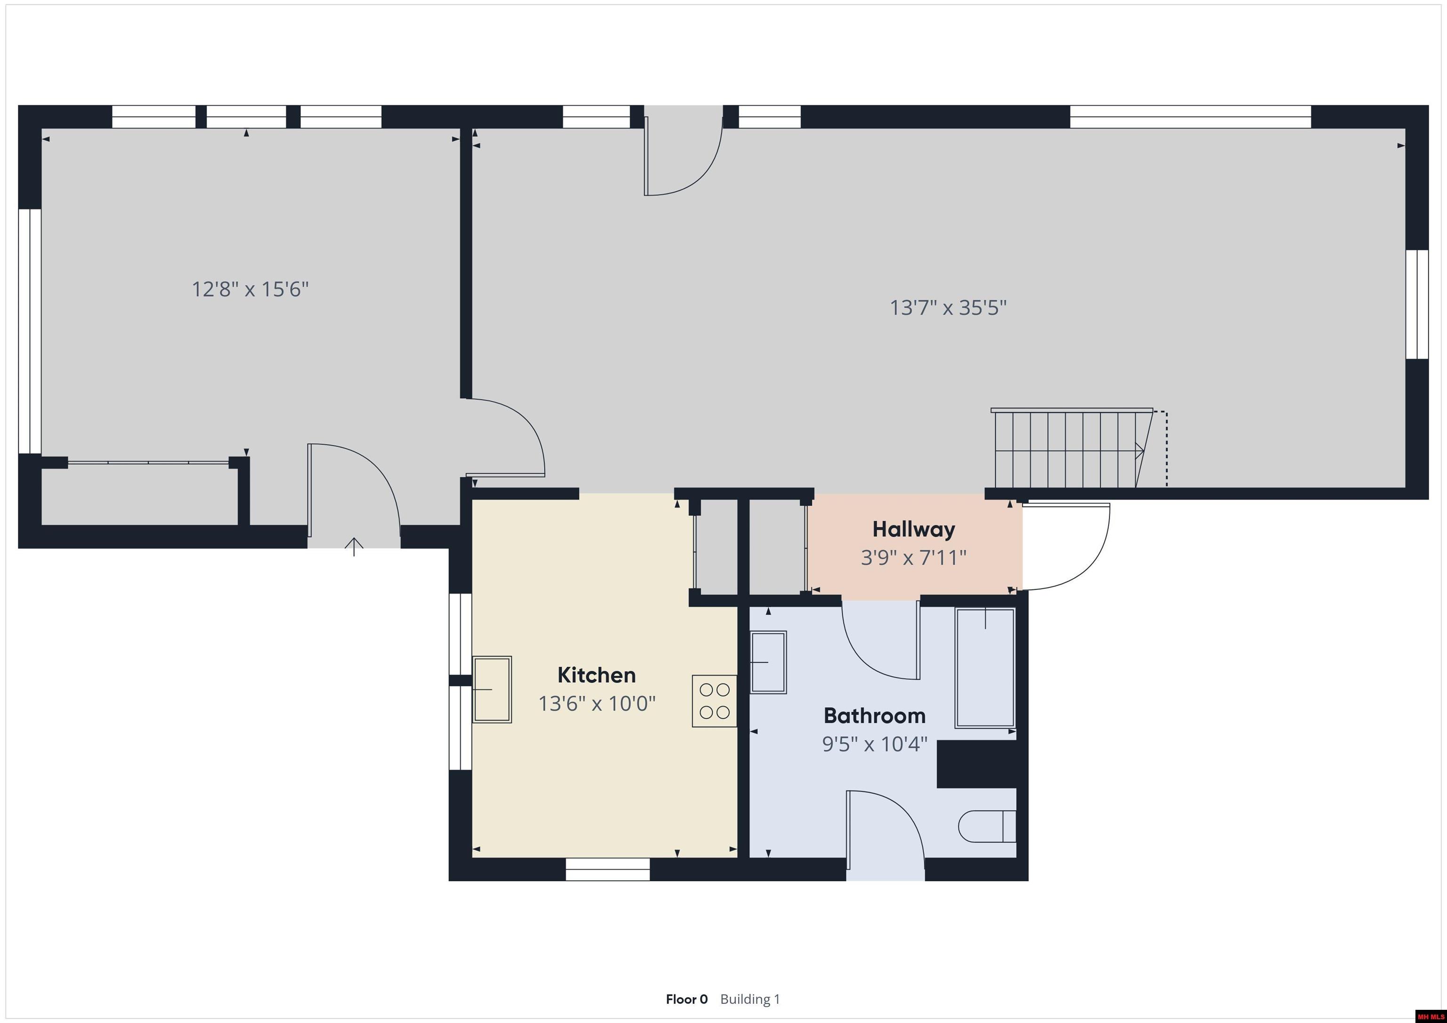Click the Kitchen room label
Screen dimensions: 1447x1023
596,675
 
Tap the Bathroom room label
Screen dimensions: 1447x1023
875,716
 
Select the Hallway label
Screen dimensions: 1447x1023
913,529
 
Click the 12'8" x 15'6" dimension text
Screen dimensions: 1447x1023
250,289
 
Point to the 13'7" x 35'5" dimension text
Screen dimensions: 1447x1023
948,307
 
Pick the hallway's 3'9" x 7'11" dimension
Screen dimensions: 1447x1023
913,557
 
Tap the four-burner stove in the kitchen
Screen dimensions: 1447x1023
715,701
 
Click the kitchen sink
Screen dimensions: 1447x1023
492,689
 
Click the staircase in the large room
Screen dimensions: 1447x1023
1073,448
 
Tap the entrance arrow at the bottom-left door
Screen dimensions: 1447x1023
354,547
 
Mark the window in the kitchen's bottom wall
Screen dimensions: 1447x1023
608,870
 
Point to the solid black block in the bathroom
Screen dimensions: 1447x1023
976,764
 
